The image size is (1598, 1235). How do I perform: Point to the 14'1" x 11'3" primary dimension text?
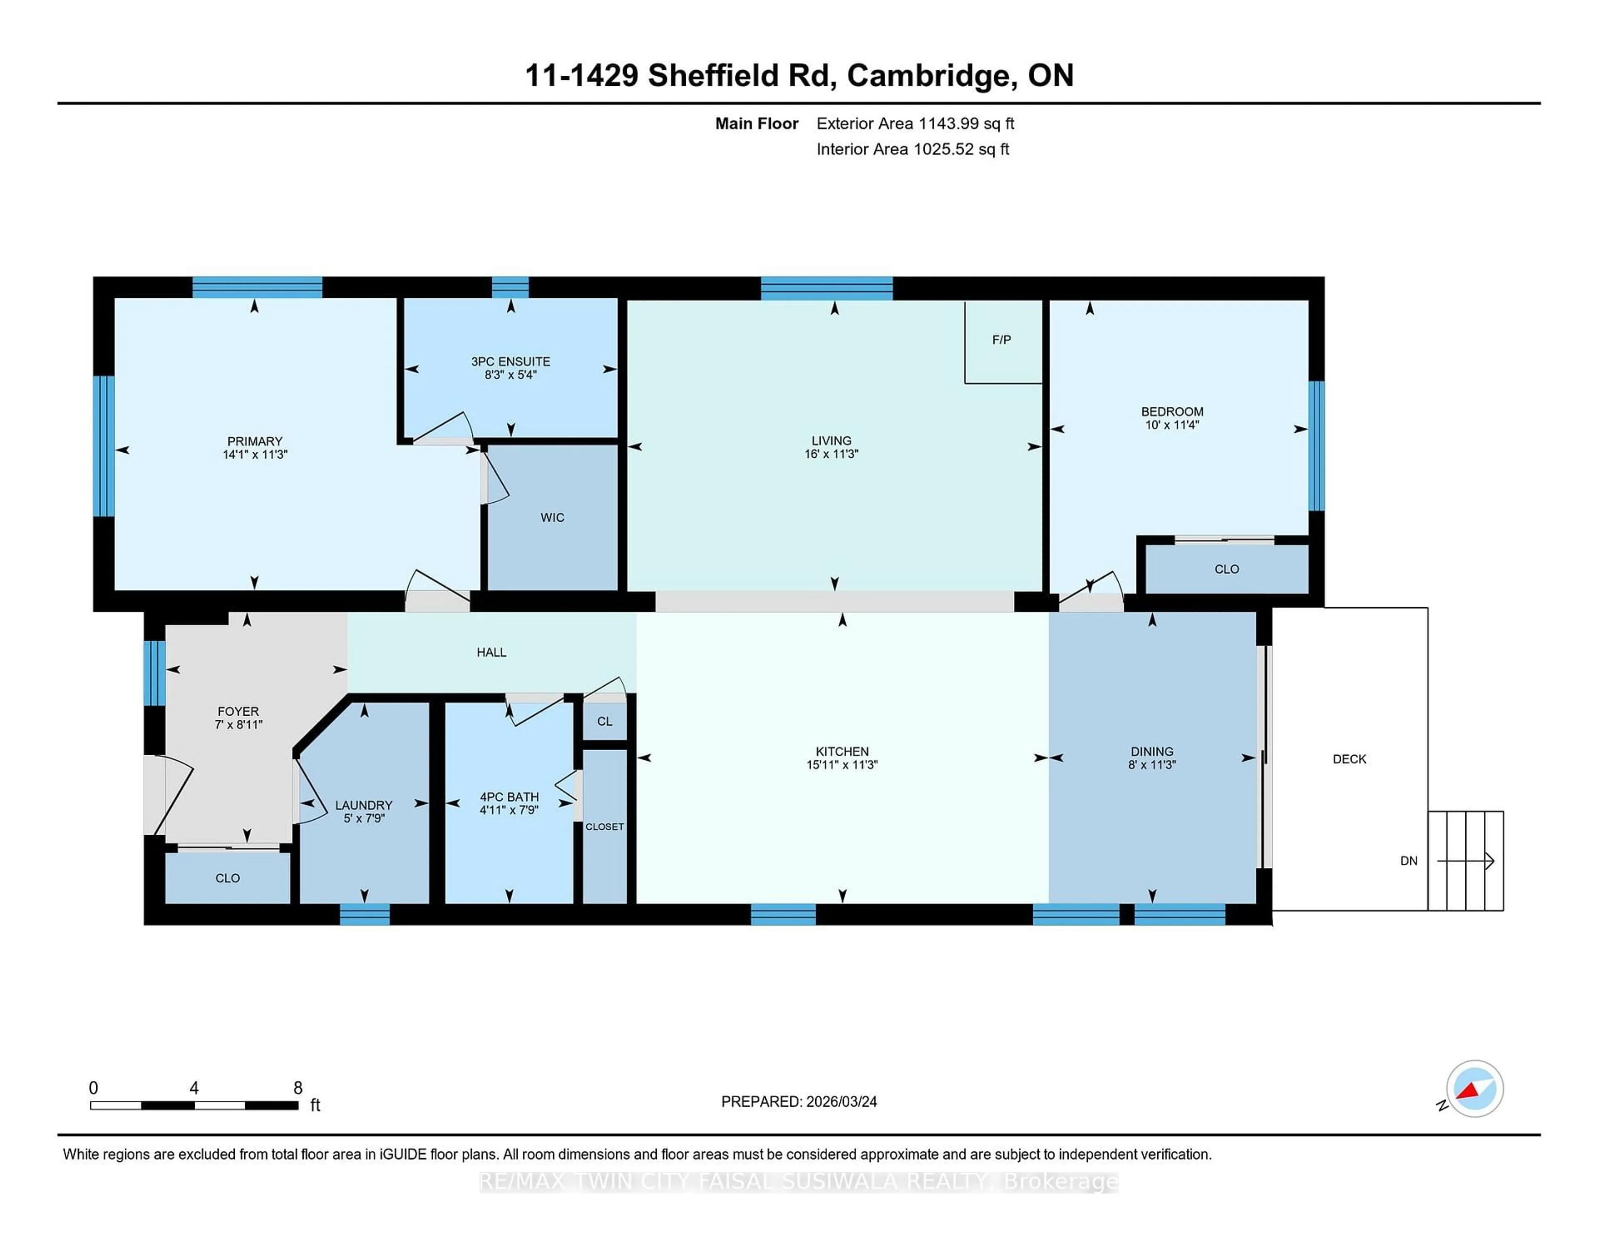pyautogui.click(x=255, y=454)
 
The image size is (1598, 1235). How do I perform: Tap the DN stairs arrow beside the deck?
pyautogui.click(x=1466, y=861)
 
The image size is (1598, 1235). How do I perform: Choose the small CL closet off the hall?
pyautogui.click(x=604, y=722)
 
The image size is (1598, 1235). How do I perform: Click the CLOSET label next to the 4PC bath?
pyautogui.click(x=604, y=827)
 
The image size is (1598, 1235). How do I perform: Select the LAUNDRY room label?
pyautogui.click(x=364, y=805)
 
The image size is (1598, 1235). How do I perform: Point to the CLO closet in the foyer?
pyautogui.click(x=228, y=878)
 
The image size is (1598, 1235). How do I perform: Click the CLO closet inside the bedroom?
pyautogui.click(x=1226, y=569)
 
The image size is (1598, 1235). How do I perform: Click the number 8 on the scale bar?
pyautogui.click(x=298, y=1088)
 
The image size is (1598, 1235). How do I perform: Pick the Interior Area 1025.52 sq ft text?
pyautogui.click(x=913, y=149)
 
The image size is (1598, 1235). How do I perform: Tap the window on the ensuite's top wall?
pyautogui.click(x=510, y=288)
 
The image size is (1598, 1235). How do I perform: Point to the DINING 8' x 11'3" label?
pyautogui.click(x=1151, y=758)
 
